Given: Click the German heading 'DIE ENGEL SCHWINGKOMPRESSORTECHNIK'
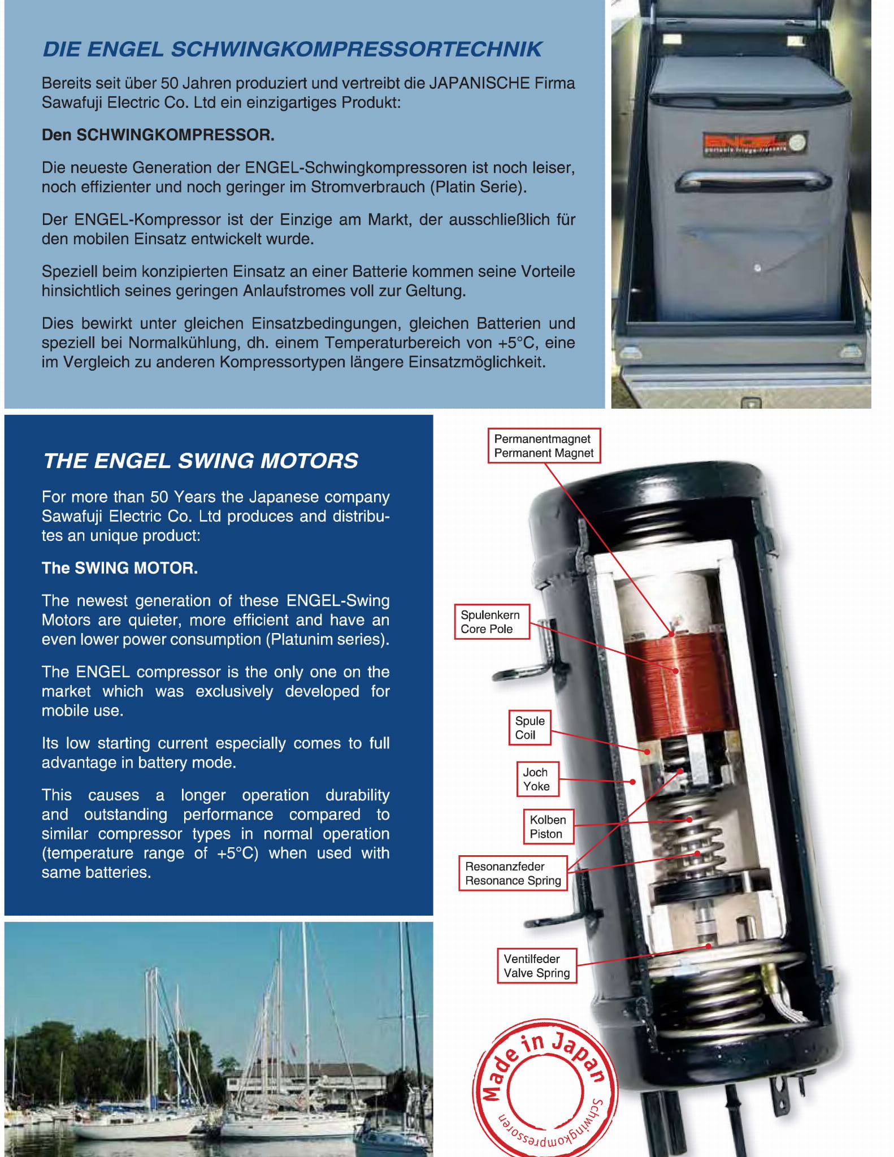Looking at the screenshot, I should click(x=292, y=49).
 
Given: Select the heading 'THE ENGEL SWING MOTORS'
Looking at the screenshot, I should click(x=201, y=461).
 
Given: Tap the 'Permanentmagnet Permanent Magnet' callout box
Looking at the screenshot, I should click(x=543, y=446).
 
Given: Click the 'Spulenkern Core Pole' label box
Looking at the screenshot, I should click(x=491, y=622).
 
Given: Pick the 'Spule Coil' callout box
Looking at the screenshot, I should click(x=530, y=728).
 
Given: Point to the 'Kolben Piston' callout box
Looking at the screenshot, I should click(x=547, y=826).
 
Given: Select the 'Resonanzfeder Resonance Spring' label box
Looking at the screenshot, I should click(x=513, y=873).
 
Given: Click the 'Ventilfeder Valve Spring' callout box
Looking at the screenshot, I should click(x=536, y=966).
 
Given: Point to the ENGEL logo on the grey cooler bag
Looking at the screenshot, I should click(x=753, y=144).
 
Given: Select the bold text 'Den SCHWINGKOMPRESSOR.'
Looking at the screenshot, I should click(x=158, y=135).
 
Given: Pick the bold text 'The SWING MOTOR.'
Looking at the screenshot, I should click(x=119, y=568).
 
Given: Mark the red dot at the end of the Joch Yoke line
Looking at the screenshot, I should click(x=632, y=782).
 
